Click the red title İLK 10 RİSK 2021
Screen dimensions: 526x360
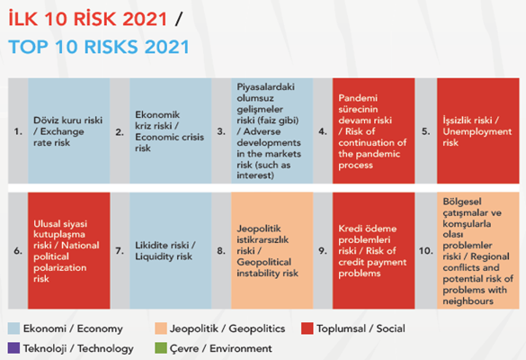[x=87, y=18]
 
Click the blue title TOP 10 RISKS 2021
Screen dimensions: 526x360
[x=99, y=47]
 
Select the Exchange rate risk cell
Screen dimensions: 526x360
[x=68, y=131]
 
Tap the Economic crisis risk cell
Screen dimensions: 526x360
[x=171, y=131]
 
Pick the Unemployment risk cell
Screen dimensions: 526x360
[x=478, y=131]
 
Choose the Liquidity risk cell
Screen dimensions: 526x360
[x=171, y=250]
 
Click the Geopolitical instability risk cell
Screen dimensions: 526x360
[x=272, y=250]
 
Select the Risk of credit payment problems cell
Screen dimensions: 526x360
[x=374, y=250]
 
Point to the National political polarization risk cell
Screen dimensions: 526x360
[x=68, y=250]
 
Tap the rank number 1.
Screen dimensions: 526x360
[x=18, y=131]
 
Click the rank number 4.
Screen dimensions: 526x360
[x=323, y=131]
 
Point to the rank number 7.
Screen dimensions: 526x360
[x=120, y=251]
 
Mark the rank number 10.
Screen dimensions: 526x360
[x=425, y=251]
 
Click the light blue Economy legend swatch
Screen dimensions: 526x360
[x=13, y=328]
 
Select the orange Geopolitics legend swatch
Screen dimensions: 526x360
[x=161, y=328]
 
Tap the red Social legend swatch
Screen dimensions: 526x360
[x=307, y=328]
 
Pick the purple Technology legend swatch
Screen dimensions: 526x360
[x=13, y=348]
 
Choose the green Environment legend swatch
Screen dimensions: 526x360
[x=161, y=348]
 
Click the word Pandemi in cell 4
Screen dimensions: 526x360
[x=358, y=98]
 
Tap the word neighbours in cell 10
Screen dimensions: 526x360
[x=468, y=301]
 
